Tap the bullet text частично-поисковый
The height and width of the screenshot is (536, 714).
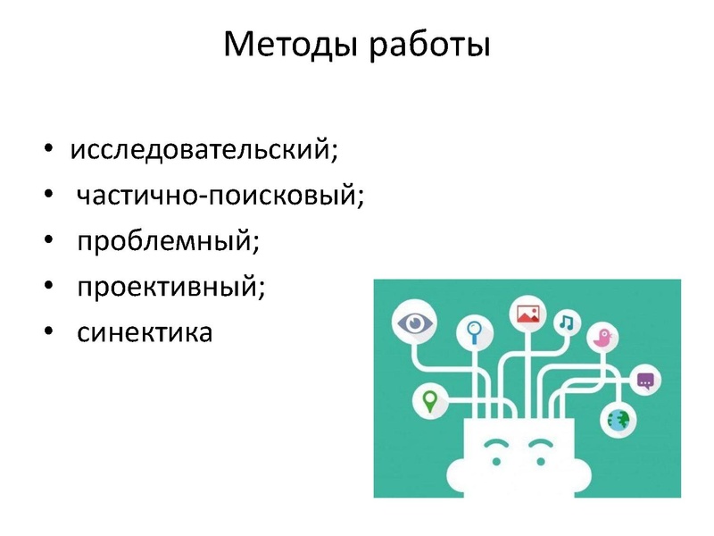click(220, 194)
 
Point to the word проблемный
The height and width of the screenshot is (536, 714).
click(167, 240)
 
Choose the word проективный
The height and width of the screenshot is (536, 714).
click(170, 287)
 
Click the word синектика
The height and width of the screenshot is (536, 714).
click(145, 333)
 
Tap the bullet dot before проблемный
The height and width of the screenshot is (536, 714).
click(47, 241)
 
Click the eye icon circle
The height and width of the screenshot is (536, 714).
click(412, 322)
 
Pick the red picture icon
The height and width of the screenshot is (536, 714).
click(527, 314)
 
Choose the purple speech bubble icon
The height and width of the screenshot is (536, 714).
click(645, 381)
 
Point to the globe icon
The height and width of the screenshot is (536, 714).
click(618, 418)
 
